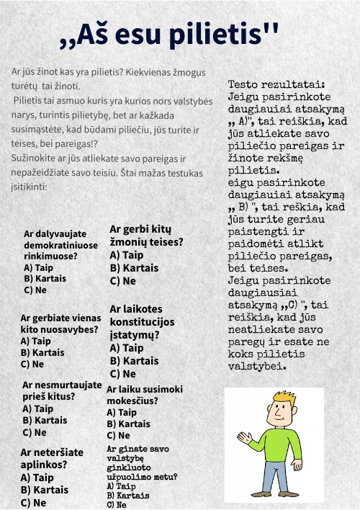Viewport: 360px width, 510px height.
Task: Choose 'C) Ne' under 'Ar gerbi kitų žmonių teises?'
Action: [x=122, y=281]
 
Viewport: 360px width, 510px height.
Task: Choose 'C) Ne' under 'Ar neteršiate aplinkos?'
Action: [x=34, y=503]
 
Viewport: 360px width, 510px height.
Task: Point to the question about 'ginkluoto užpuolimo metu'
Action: [x=142, y=462]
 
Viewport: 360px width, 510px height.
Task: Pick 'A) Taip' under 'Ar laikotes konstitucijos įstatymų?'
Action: [x=126, y=348]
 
